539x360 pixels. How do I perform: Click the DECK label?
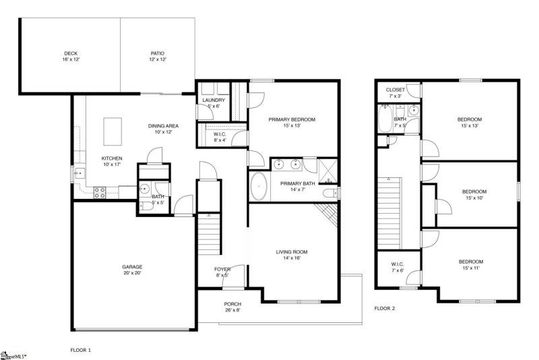click(x=71, y=53)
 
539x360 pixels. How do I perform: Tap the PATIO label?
click(x=157, y=53)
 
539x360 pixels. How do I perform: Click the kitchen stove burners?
click(x=98, y=191)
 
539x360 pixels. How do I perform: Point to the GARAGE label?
click(x=132, y=266)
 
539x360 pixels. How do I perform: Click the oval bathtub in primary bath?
click(x=259, y=187)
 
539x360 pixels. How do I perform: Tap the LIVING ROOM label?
click(x=292, y=252)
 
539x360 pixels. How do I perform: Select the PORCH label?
click(x=232, y=304)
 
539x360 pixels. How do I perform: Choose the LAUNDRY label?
click(x=214, y=100)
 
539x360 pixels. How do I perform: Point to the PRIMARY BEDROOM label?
click(x=292, y=119)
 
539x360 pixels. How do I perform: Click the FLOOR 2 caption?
click(x=385, y=308)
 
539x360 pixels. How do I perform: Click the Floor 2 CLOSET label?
click(x=395, y=90)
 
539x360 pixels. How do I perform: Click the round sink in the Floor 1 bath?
click(x=144, y=189)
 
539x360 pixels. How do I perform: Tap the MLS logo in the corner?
click(x=13, y=354)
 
